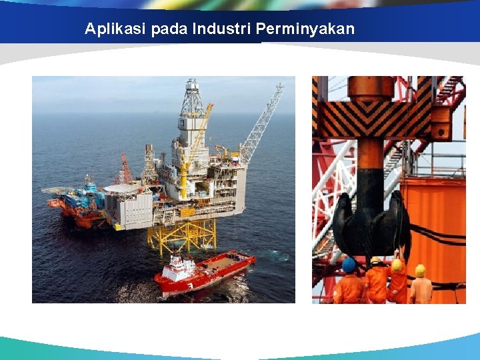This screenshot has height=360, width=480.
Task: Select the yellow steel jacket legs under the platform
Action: tap(183, 235)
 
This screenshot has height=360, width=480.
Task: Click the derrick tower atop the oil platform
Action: tap(193, 107)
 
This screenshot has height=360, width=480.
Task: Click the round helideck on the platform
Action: tap(121, 189)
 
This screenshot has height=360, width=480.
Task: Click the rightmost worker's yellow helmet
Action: tap(420, 270)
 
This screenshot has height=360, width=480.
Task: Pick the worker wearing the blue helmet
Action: tap(349, 283)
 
